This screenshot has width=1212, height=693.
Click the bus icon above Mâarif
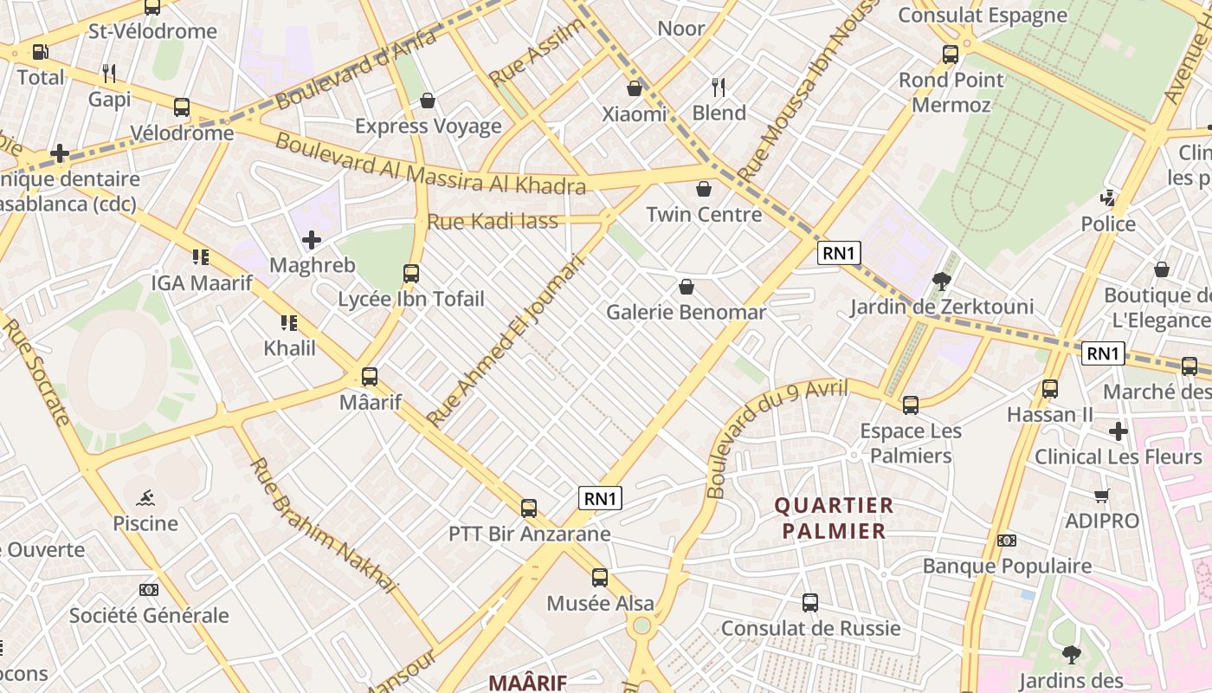click(370, 377)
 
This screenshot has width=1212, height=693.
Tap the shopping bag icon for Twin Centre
click(704, 189)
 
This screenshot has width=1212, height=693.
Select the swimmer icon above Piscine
click(146, 497)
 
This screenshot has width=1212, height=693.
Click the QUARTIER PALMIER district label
click(835, 518)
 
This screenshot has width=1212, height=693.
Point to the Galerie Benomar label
click(687, 312)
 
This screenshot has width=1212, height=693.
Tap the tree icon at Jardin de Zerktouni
click(942, 281)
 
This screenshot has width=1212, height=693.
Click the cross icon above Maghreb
click(312, 239)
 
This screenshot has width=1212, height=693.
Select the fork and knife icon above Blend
click(718, 87)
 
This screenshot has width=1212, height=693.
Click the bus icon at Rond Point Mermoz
click(951, 55)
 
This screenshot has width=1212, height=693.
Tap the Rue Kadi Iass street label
click(493, 222)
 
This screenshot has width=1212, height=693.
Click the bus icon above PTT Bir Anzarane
click(529, 508)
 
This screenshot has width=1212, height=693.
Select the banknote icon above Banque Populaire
click(1006, 541)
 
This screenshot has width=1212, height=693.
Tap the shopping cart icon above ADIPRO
click(1101, 496)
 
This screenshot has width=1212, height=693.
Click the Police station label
click(1108, 224)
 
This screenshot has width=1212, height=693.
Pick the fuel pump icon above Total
click(40, 52)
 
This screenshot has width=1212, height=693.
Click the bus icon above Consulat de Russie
click(810, 603)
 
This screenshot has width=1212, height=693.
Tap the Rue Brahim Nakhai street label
click(322, 525)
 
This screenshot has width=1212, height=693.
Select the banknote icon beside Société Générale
click(149, 590)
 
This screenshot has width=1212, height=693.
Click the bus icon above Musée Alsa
click(600, 578)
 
